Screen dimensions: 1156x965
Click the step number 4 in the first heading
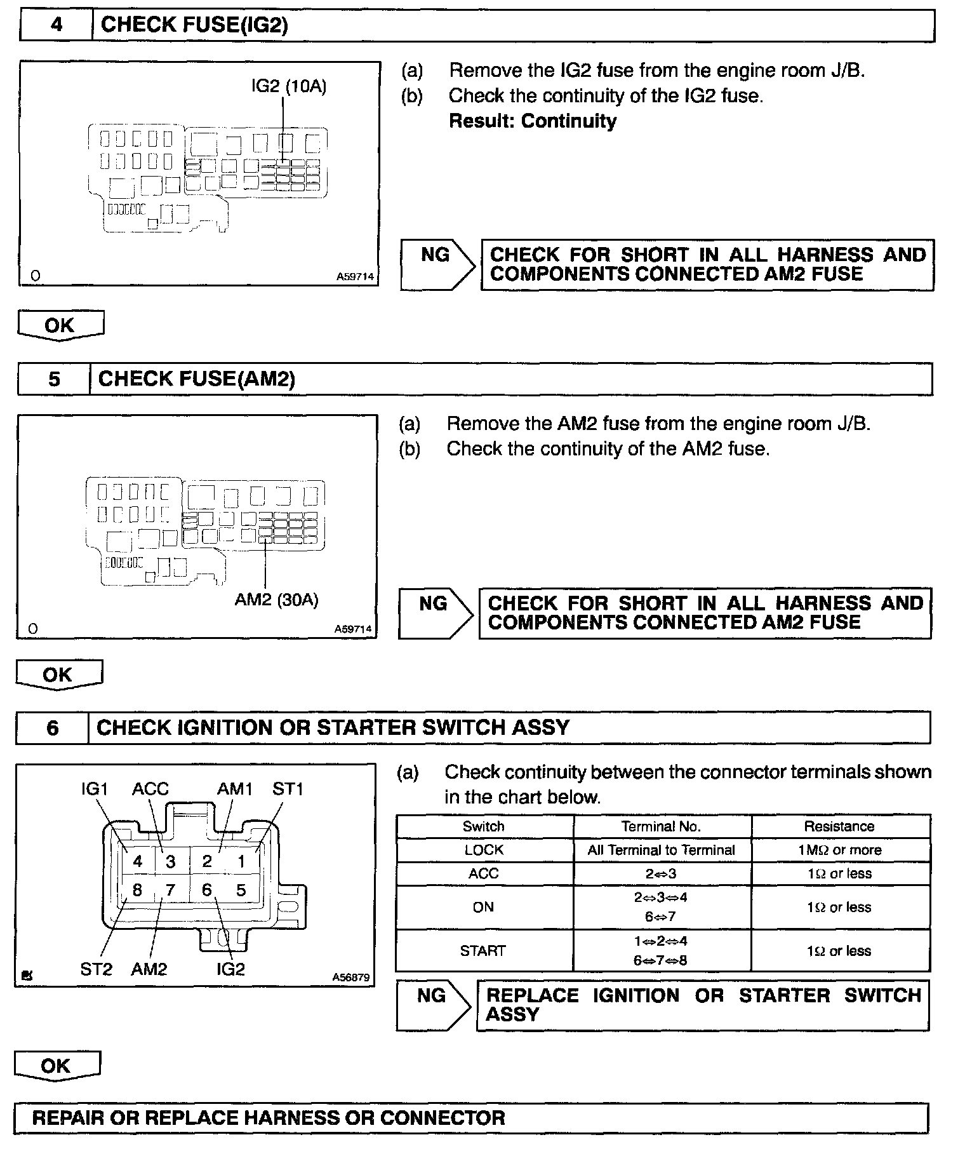(57, 25)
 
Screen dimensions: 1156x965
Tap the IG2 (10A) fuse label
(289, 86)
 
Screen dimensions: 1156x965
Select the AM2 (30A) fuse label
(276, 600)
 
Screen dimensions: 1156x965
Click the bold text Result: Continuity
(532, 121)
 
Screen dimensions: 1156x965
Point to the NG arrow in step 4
(437, 265)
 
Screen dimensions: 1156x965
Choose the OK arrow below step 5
(58, 675)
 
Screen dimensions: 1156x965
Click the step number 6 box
(53, 728)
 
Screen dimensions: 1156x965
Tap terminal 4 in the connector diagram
(138, 862)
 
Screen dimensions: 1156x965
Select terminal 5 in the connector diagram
(241, 891)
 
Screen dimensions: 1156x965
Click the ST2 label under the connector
(96, 969)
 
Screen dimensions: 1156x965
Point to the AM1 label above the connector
(235, 789)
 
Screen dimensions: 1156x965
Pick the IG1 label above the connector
(95, 789)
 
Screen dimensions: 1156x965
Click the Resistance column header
(839, 826)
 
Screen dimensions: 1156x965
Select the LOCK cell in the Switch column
(484, 850)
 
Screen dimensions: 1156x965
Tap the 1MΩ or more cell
(839, 850)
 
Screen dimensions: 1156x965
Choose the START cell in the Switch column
(482, 951)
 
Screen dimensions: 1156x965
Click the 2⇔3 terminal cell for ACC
(661, 874)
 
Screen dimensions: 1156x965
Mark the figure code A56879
(350, 978)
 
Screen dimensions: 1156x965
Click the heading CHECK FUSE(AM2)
(197, 379)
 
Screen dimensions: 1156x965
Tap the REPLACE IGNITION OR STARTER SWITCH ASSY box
(703, 1005)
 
